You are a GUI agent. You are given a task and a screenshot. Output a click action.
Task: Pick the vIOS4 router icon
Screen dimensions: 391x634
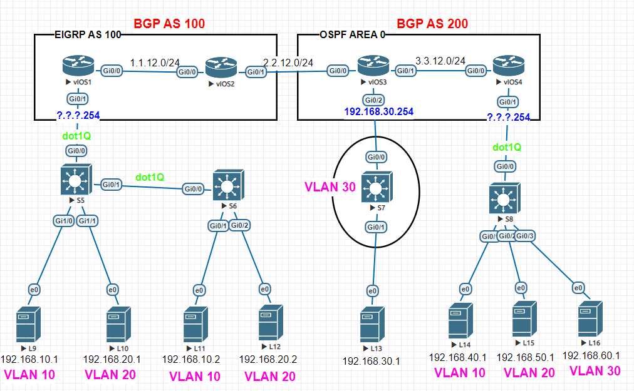(x=508, y=66)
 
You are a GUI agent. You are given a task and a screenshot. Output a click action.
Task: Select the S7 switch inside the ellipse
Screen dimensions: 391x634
(x=375, y=187)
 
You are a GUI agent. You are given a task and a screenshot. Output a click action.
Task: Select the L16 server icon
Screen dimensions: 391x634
(x=591, y=319)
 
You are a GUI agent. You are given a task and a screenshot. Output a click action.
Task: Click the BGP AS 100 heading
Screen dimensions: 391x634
(x=169, y=24)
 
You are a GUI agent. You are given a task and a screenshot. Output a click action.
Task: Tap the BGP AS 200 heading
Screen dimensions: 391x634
(x=432, y=24)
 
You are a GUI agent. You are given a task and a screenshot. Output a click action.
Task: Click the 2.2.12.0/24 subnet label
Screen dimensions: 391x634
(x=288, y=63)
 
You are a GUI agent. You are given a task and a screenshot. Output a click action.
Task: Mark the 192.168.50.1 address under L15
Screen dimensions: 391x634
(x=525, y=357)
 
